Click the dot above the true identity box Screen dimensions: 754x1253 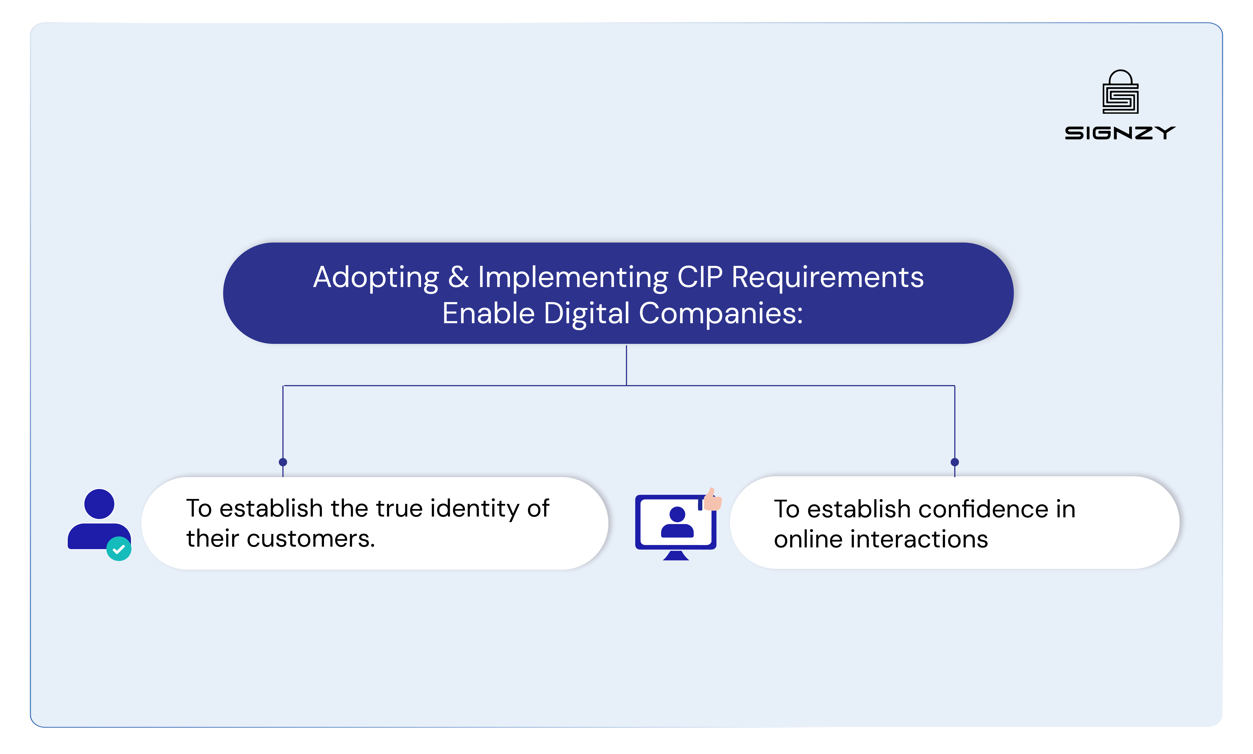(x=283, y=462)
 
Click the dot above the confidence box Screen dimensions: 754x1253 (x=954, y=462)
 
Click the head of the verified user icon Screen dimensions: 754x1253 (x=99, y=504)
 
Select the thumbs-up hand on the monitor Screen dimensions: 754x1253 (x=713, y=500)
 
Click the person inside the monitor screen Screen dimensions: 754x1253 (x=677, y=522)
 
